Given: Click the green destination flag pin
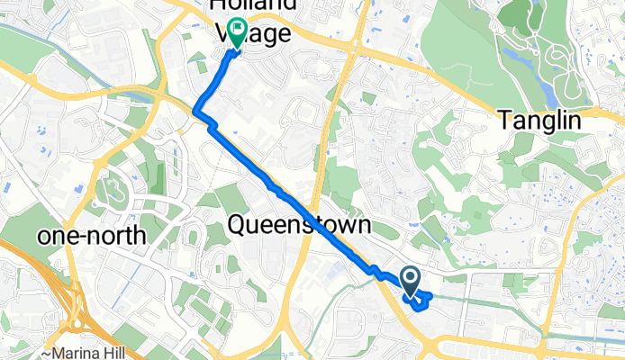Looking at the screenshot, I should coord(237,32).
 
